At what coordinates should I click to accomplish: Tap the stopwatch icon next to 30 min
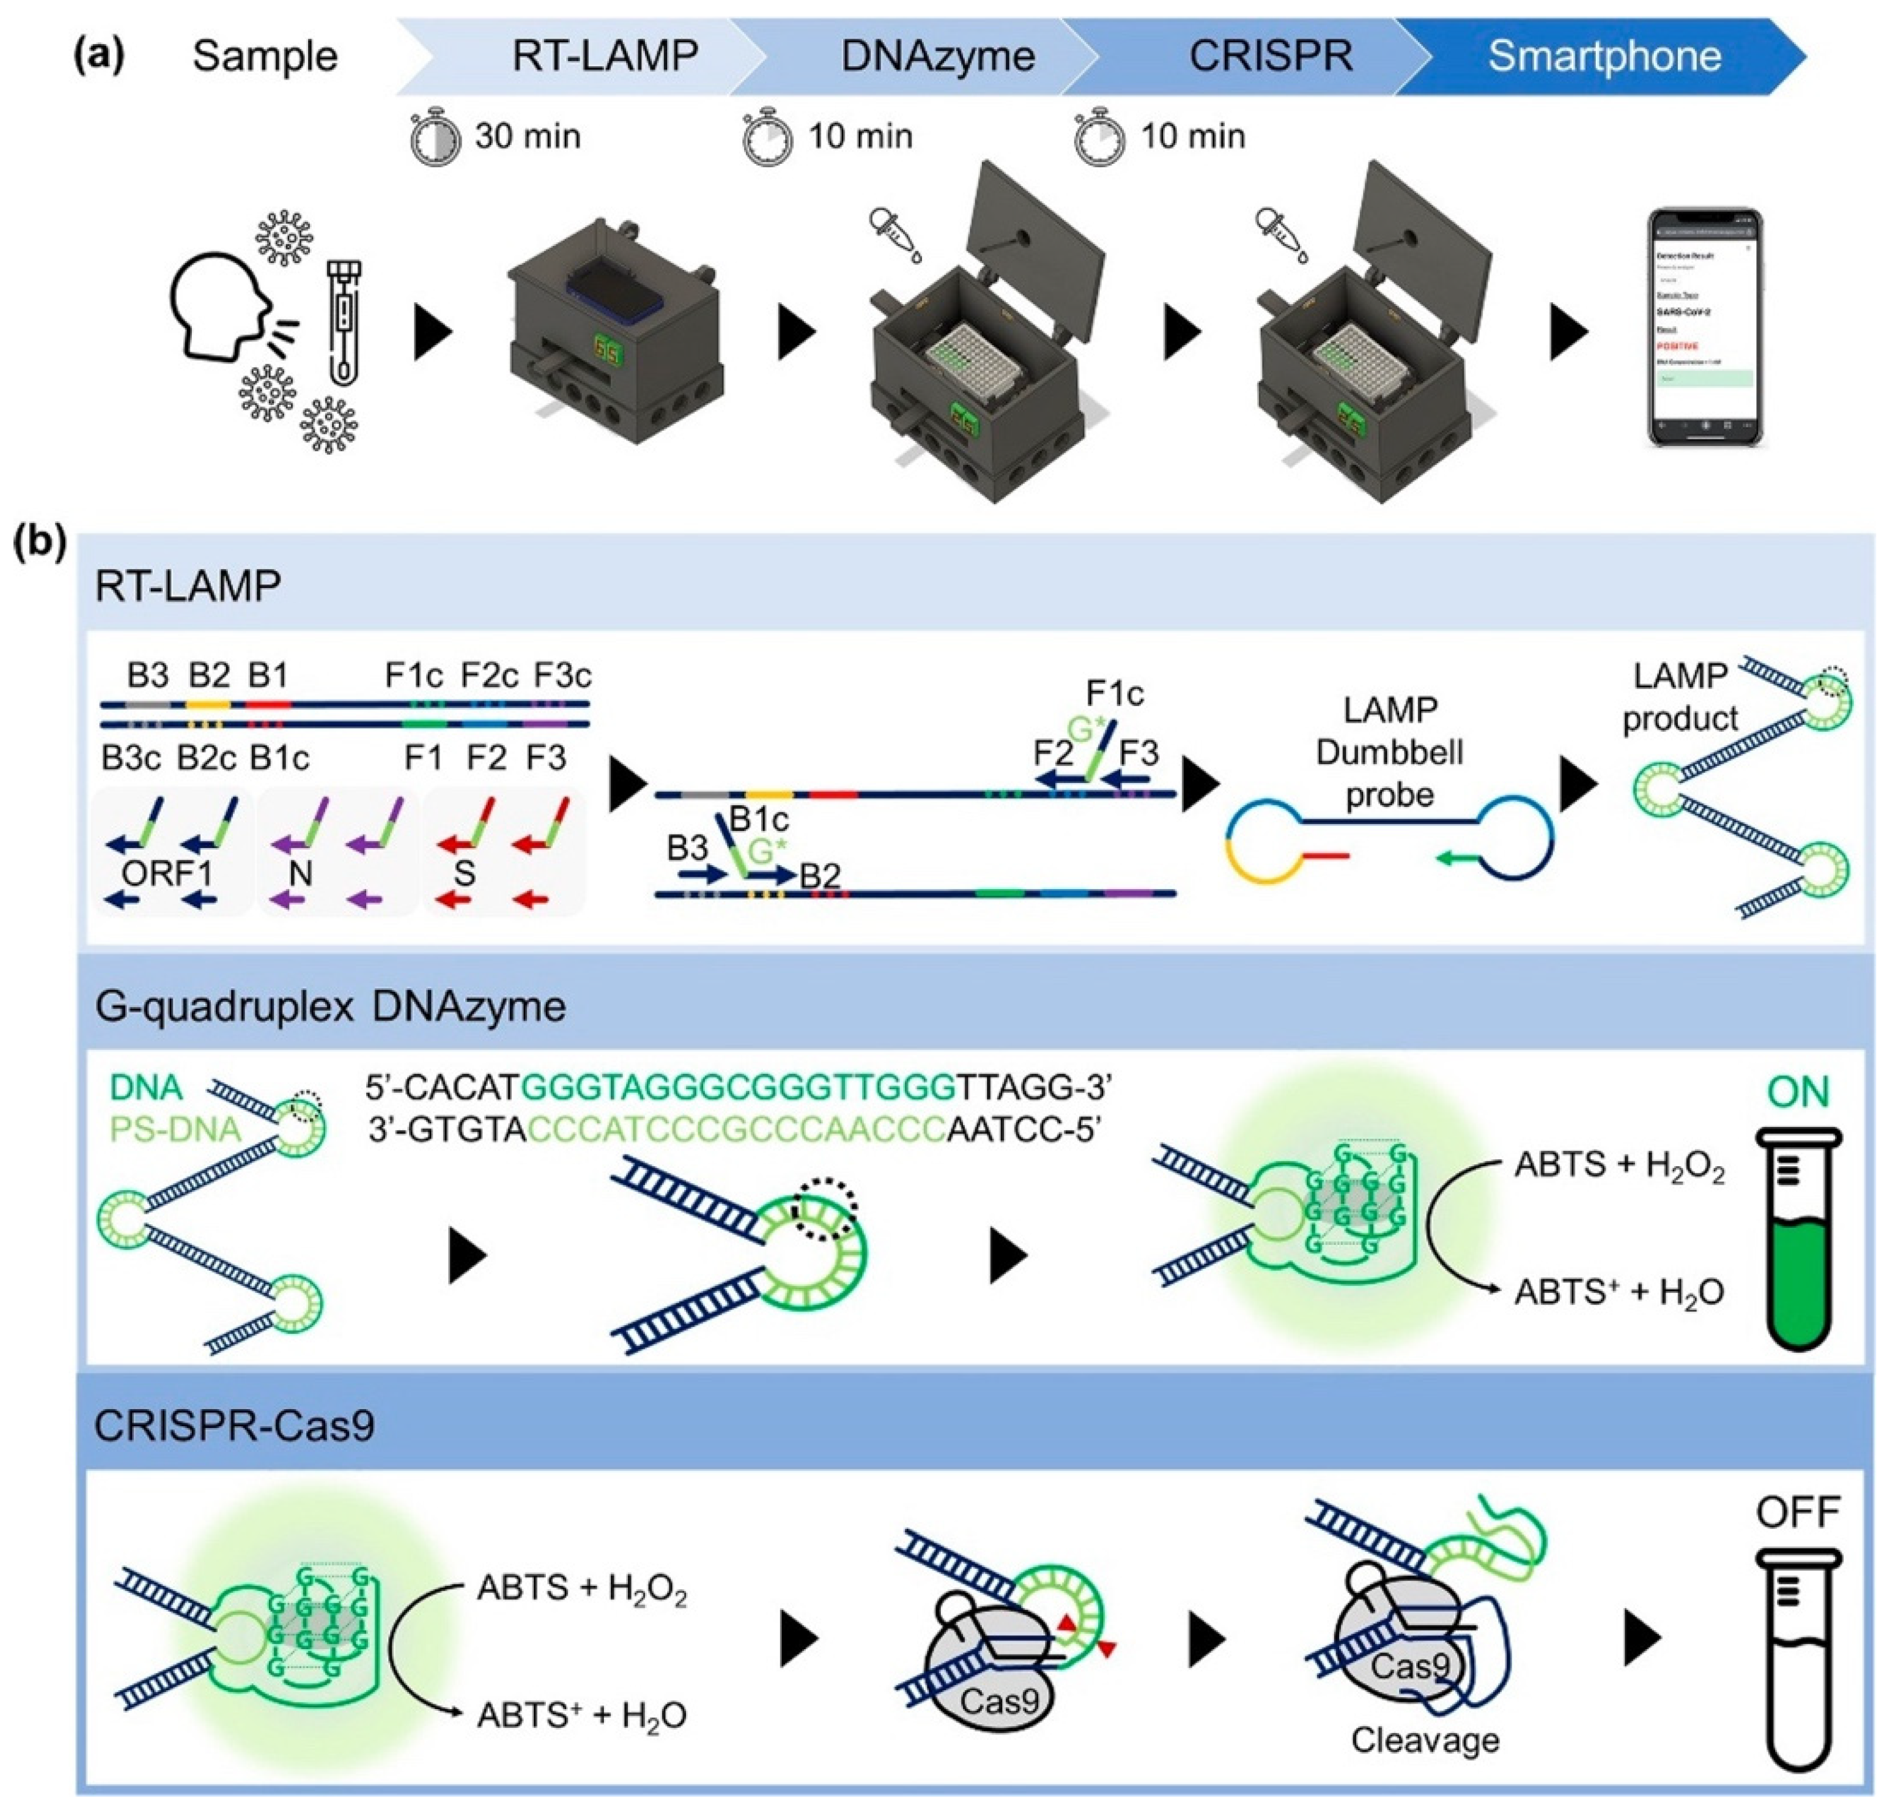(435, 137)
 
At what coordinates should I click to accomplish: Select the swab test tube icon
(344, 322)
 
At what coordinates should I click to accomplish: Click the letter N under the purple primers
(301, 873)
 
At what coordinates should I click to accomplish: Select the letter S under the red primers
(465, 873)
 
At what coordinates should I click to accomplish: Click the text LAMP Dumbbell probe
(1390, 752)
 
